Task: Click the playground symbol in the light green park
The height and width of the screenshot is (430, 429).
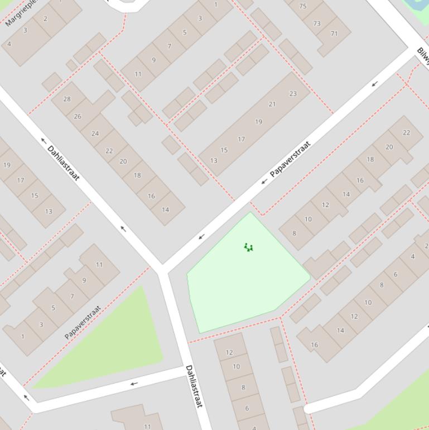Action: click(249, 247)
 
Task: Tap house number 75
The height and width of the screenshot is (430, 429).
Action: click(302, 6)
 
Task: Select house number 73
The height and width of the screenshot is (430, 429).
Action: click(317, 23)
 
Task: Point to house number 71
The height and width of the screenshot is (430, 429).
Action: click(334, 34)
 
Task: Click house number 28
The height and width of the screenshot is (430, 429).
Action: click(67, 99)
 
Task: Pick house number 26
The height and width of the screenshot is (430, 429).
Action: click(78, 116)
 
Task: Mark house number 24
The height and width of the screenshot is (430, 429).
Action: click(95, 133)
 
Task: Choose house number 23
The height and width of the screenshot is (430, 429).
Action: click(293, 93)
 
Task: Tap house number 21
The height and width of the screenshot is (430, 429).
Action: click(272, 104)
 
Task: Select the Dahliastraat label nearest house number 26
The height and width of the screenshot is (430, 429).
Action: click(64, 163)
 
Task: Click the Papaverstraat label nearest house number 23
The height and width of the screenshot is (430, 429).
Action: click(290, 159)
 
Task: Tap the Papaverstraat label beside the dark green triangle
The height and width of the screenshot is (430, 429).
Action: click(83, 322)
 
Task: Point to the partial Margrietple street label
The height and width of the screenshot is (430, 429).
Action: click(21, 13)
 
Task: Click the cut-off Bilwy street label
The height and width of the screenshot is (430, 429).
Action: click(422, 56)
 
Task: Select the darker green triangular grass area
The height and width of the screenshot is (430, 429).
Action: click(112, 346)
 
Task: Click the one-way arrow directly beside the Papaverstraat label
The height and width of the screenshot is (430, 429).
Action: click(264, 181)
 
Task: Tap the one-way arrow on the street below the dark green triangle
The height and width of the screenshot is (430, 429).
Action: click(133, 384)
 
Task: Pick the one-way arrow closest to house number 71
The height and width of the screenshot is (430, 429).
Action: click(375, 84)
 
